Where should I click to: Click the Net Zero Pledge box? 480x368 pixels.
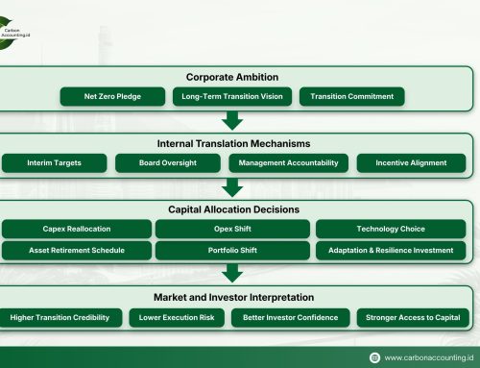[111, 96]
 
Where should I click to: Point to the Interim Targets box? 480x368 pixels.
[54, 163]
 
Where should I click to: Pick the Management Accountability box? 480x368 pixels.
[288, 163]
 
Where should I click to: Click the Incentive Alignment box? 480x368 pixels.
[411, 163]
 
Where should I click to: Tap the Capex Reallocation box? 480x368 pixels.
[76, 229]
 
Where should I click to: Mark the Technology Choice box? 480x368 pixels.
[391, 229]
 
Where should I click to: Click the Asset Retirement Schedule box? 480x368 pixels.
[76, 250]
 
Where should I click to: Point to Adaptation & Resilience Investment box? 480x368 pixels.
[391, 250]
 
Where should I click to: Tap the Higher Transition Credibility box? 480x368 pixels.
[60, 317]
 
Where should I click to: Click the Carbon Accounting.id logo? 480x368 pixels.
[24, 23]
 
